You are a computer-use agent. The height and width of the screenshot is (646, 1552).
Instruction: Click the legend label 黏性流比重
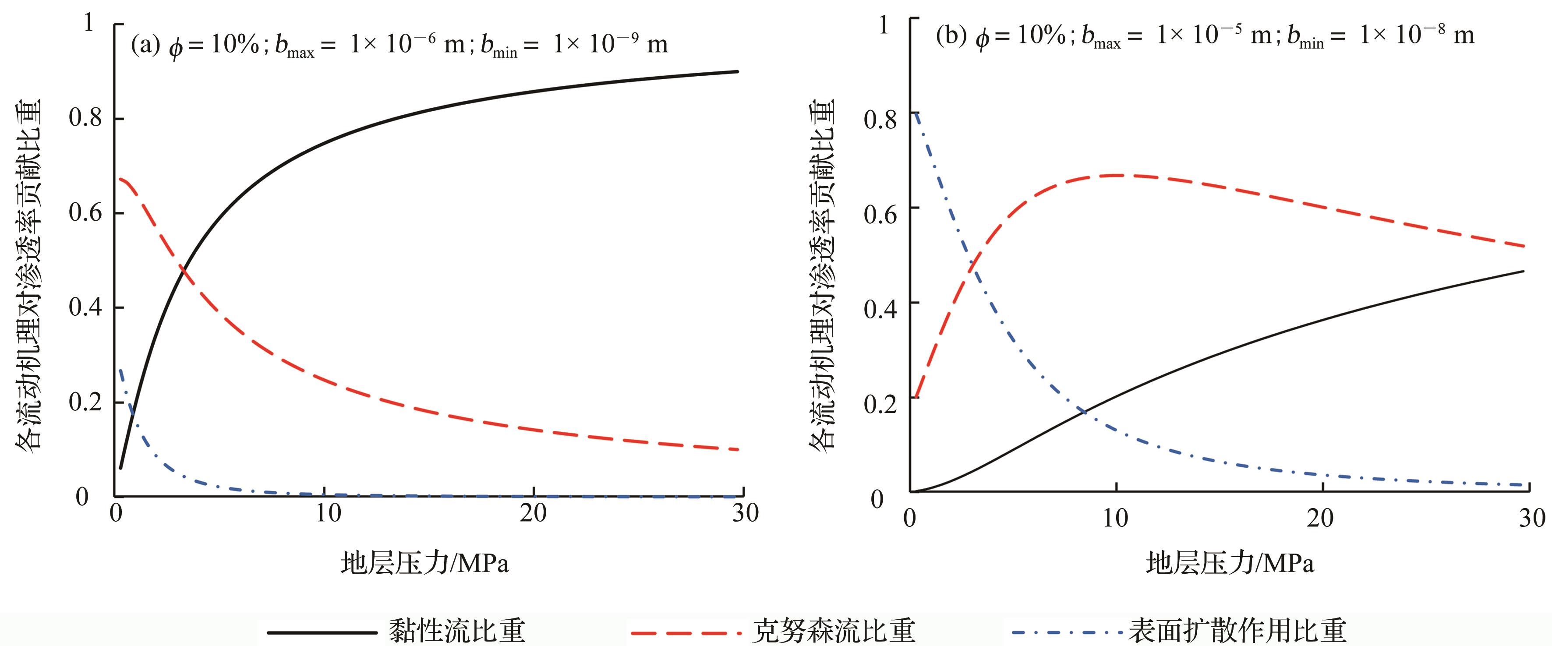click(457, 630)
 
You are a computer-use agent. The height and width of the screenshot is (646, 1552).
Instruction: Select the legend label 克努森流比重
click(834, 630)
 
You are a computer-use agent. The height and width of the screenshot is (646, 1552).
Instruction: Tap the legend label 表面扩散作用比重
click(1237, 630)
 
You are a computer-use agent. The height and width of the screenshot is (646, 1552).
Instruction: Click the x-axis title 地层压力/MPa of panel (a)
click(425, 563)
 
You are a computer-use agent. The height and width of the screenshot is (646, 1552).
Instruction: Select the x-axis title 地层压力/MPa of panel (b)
click(1230, 563)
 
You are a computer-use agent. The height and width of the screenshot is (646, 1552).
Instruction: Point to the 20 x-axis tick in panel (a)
click(533, 513)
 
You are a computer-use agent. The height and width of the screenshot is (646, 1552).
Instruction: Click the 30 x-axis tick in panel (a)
click(745, 513)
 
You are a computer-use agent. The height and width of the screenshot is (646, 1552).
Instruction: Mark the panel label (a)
click(145, 45)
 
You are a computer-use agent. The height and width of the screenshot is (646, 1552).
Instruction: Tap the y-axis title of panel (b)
click(822, 274)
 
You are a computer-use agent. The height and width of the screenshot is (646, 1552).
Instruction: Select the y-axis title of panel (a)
click(28, 274)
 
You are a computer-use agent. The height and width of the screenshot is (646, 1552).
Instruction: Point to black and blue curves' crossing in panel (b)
click(1083, 412)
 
